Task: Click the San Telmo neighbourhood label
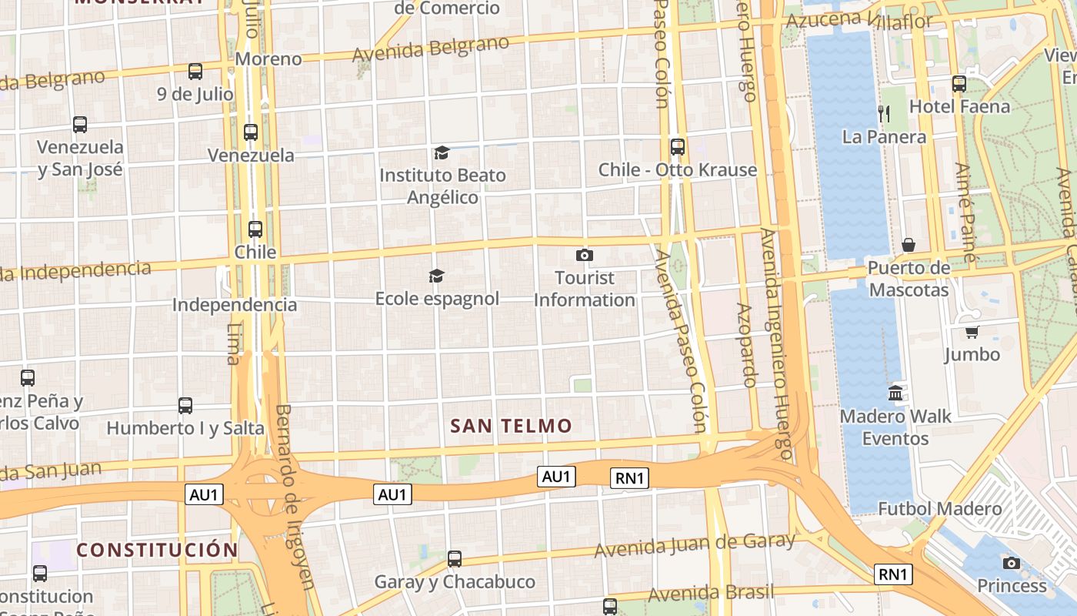pos(511,426)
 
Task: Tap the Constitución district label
pos(157,550)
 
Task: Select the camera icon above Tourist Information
pos(585,255)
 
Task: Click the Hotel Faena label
pos(959,106)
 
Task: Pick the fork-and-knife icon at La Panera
pos(884,114)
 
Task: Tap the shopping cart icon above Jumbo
pos(972,332)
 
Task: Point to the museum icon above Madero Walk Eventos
pos(895,393)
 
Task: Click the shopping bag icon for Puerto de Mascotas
pos(909,245)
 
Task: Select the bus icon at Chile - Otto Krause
pos(678,146)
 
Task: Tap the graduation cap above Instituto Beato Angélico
pos(442,152)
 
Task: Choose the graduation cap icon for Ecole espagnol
pos(436,276)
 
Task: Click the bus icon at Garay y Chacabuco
pos(455,558)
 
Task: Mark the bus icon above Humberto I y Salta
pos(185,405)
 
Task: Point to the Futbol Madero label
pos(940,509)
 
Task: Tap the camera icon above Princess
pos(1012,563)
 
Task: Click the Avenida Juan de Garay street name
pos(694,544)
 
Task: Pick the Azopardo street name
pos(746,344)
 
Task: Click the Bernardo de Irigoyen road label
pos(294,496)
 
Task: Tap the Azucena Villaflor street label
pos(860,20)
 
